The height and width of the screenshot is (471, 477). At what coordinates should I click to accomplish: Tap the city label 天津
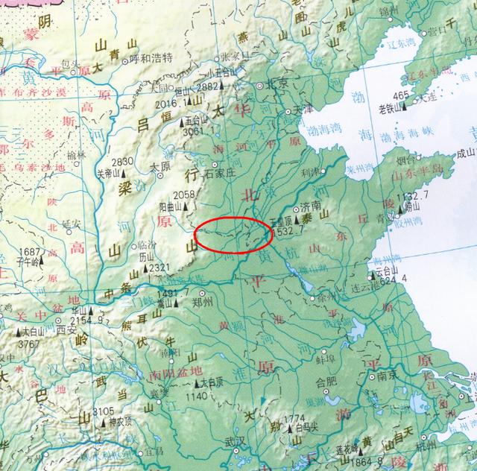click(x=303, y=109)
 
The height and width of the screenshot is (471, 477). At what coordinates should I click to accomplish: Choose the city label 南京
click(x=387, y=376)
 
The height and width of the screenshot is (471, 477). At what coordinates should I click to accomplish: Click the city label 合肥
click(x=326, y=384)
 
